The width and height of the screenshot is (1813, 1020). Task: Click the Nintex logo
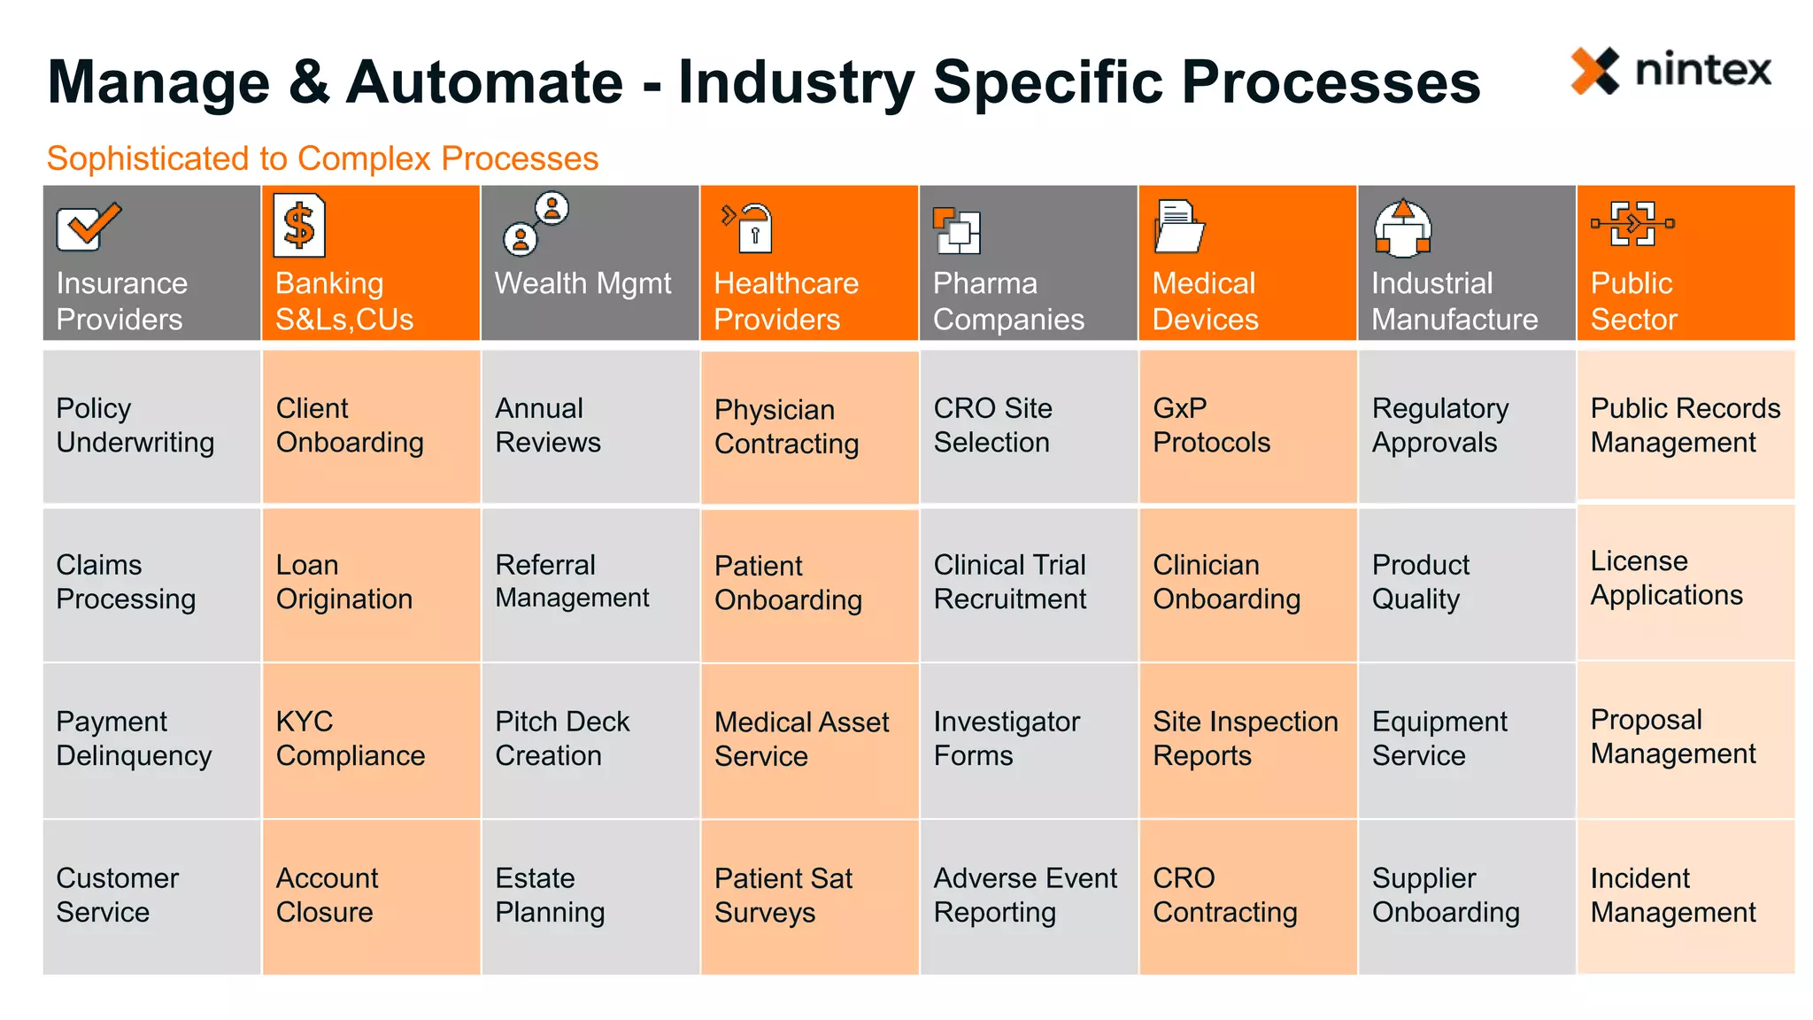point(1670,71)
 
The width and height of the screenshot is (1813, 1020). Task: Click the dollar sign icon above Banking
point(299,226)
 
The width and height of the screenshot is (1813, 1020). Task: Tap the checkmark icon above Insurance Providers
point(88,226)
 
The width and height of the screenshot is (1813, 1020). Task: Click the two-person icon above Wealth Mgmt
point(536,224)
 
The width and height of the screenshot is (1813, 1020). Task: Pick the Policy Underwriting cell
point(151,426)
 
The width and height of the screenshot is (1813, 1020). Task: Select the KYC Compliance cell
point(371,739)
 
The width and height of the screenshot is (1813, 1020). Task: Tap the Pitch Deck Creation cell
point(590,739)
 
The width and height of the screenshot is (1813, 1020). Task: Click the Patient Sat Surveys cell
point(809,896)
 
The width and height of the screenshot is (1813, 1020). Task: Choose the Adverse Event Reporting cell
point(1028,896)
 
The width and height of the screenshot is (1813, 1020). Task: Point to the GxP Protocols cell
point(1247,426)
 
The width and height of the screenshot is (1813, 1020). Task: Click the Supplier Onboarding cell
point(1466,896)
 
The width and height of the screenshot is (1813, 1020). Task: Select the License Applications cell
point(1686,579)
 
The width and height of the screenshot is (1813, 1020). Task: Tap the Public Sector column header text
point(1633,301)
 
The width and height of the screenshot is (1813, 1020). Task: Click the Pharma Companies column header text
point(1008,301)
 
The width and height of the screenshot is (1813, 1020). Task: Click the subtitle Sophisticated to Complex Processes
point(322,158)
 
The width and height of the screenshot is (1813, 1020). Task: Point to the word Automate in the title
point(484,82)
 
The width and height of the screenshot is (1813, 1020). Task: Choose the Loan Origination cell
point(371,583)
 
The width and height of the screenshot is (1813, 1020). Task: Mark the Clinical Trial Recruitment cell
point(1028,583)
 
